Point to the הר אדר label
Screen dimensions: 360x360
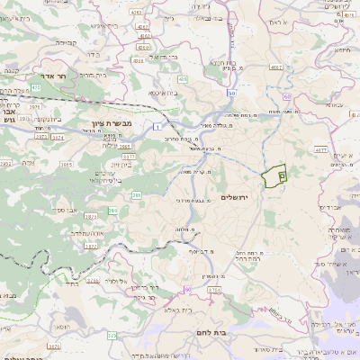point(57,77)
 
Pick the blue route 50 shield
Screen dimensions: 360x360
point(231,93)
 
